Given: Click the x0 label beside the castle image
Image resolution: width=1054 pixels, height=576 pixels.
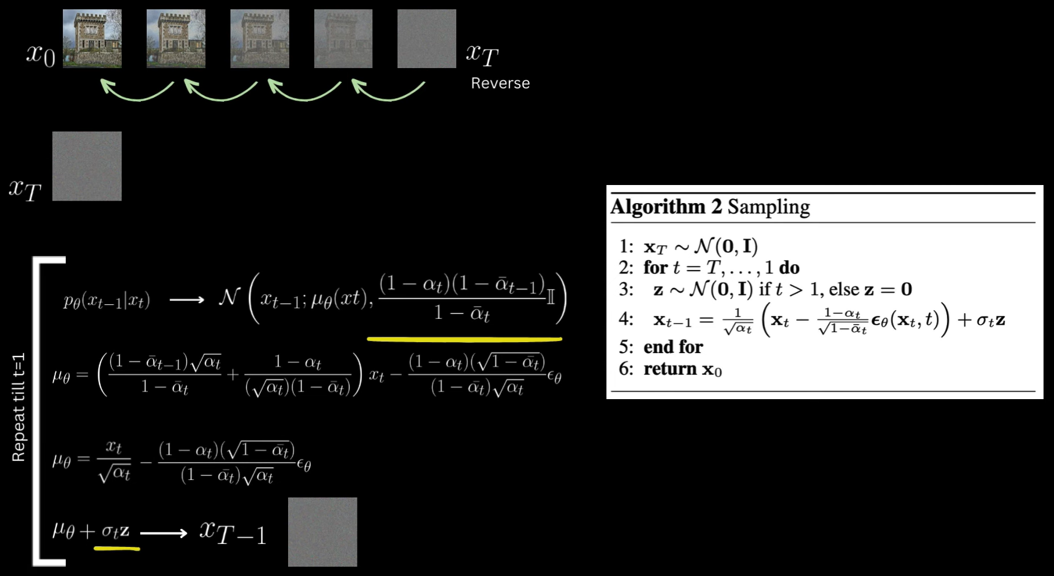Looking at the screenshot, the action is pyautogui.click(x=41, y=55).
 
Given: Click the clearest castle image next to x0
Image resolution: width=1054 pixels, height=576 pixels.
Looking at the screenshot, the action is pyautogui.click(x=92, y=38).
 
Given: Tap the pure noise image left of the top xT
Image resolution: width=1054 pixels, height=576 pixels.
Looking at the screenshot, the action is pyautogui.click(x=427, y=38).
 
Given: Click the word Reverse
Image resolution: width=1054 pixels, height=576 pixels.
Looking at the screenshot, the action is pyautogui.click(x=500, y=83).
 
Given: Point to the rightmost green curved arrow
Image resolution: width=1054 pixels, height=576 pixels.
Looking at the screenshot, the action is pyautogui.click(x=388, y=91).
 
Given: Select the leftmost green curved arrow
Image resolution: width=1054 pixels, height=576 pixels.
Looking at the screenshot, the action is pyautogui.click(x=137, y=91).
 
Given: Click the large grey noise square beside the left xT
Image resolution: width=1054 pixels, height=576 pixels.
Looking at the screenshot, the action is pyautogui.click(x=87, y=166).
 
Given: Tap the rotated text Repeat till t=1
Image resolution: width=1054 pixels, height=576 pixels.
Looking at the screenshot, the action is pyautogui.click(x=19, y=407).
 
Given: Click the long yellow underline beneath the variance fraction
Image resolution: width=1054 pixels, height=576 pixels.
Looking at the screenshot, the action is pyautogui.click(x=464, y=338).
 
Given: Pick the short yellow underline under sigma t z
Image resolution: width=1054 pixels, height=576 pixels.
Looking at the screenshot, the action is pyautogui.click(x=116, y=547).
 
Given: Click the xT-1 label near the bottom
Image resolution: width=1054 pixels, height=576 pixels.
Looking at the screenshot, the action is pyautogui.click(x=233, y=532).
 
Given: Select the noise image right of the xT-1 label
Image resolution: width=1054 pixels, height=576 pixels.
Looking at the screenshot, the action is pyautogui.click(x=322, y=532).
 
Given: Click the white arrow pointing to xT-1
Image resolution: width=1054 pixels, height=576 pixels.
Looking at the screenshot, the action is pyautogui.click(x=164, y=532).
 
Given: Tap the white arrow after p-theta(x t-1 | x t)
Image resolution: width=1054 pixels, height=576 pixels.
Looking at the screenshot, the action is pyautogui.click(x=187, y=300).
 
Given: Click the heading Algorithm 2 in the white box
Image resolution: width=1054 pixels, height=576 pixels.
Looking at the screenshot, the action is pyautogui.click(x=666, y=207).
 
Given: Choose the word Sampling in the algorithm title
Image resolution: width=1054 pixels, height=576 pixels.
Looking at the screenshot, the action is pyautogui.click(x=768, y=207).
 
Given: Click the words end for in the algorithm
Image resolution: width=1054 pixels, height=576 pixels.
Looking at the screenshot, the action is pyautogui.click(x=673, y=347).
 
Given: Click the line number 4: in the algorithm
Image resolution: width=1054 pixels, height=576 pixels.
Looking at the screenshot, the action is pyautogui.click(x=626, y=319).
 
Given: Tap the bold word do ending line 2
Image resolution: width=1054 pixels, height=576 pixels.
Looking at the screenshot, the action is pyautogui.click(x=789, y=268).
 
